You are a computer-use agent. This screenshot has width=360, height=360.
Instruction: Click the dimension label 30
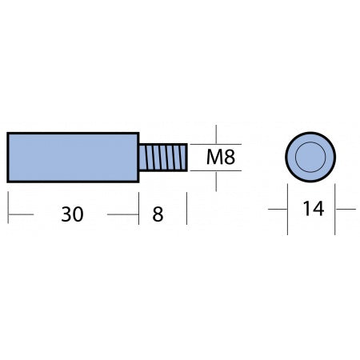click(72, 214)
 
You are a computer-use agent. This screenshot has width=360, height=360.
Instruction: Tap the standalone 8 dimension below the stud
click(158, 214)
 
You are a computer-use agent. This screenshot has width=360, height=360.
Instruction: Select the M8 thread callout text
click(221, 157)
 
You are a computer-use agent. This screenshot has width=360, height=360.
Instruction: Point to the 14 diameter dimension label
click(314, 209)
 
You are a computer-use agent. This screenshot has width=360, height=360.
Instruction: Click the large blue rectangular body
click(73, 158)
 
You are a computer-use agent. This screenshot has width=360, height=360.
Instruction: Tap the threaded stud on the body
click(163, 158)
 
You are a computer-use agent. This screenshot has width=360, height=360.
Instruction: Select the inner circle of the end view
click(310, 157)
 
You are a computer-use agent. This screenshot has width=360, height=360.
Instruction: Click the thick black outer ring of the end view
click(310, 133)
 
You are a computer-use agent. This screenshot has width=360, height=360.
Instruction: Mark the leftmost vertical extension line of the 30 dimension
click(8, 207)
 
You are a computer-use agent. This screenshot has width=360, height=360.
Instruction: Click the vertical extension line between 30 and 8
click(139, 209)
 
